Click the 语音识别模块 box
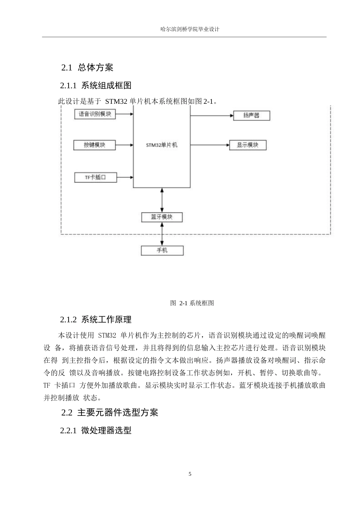pyautogui.click(x=95, y=114)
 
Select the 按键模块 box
pyautogui.click(x=94, y=145)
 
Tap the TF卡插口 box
pyautogui.click(x=95, y=177)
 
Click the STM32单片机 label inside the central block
pyautogui.click(x=161, y=145)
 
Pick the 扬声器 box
pyautogui.click(x=251, y=116)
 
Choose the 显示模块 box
pyautogui.click(x=247, y=145)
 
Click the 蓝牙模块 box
pyautogui.click(x=162, y=217)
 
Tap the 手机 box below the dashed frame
pyautogui.click(x=162, y=250)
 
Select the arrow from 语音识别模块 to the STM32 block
pyautogui.click(x=124, y=114)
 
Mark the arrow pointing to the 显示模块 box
pyautogui.click(x=210, y=145)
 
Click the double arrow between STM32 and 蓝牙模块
pyautogui.click(x=162, y=200)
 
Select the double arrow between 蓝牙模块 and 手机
pyautogui.click(x=162, y=234)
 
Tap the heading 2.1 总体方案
pyautogui.click(x=87, y=68)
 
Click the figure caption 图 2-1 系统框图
pyautogui.click(x=192, y=303)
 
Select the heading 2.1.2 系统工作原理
pyautogui.click(x=95, y=320)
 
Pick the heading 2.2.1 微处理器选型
pyautogui.click(x=95, y=431)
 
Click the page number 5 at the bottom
pyautogui.click(x=190, y=474)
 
